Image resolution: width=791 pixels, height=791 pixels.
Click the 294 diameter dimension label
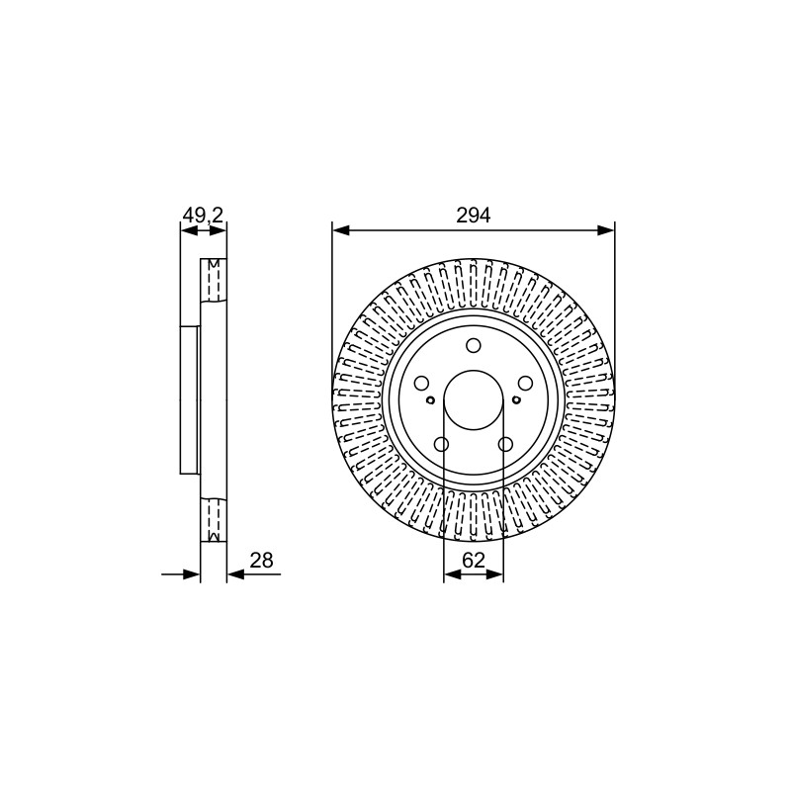coord(474,216)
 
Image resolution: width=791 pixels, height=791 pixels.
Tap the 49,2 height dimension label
coord(203,216)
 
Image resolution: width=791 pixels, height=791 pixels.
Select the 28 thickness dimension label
coord(261,560)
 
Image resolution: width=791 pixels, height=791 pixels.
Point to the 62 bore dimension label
coord(474,560)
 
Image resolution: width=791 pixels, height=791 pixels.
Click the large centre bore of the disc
coord(474,400)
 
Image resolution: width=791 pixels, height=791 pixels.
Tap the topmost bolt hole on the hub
coord(474,345)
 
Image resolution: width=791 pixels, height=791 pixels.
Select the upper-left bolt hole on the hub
coord(421,384)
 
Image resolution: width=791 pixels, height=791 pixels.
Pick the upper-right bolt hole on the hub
coord(526,384)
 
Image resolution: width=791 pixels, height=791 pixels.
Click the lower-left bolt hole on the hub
coord(441,444)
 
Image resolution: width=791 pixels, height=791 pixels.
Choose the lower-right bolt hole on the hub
coord(505,444)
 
